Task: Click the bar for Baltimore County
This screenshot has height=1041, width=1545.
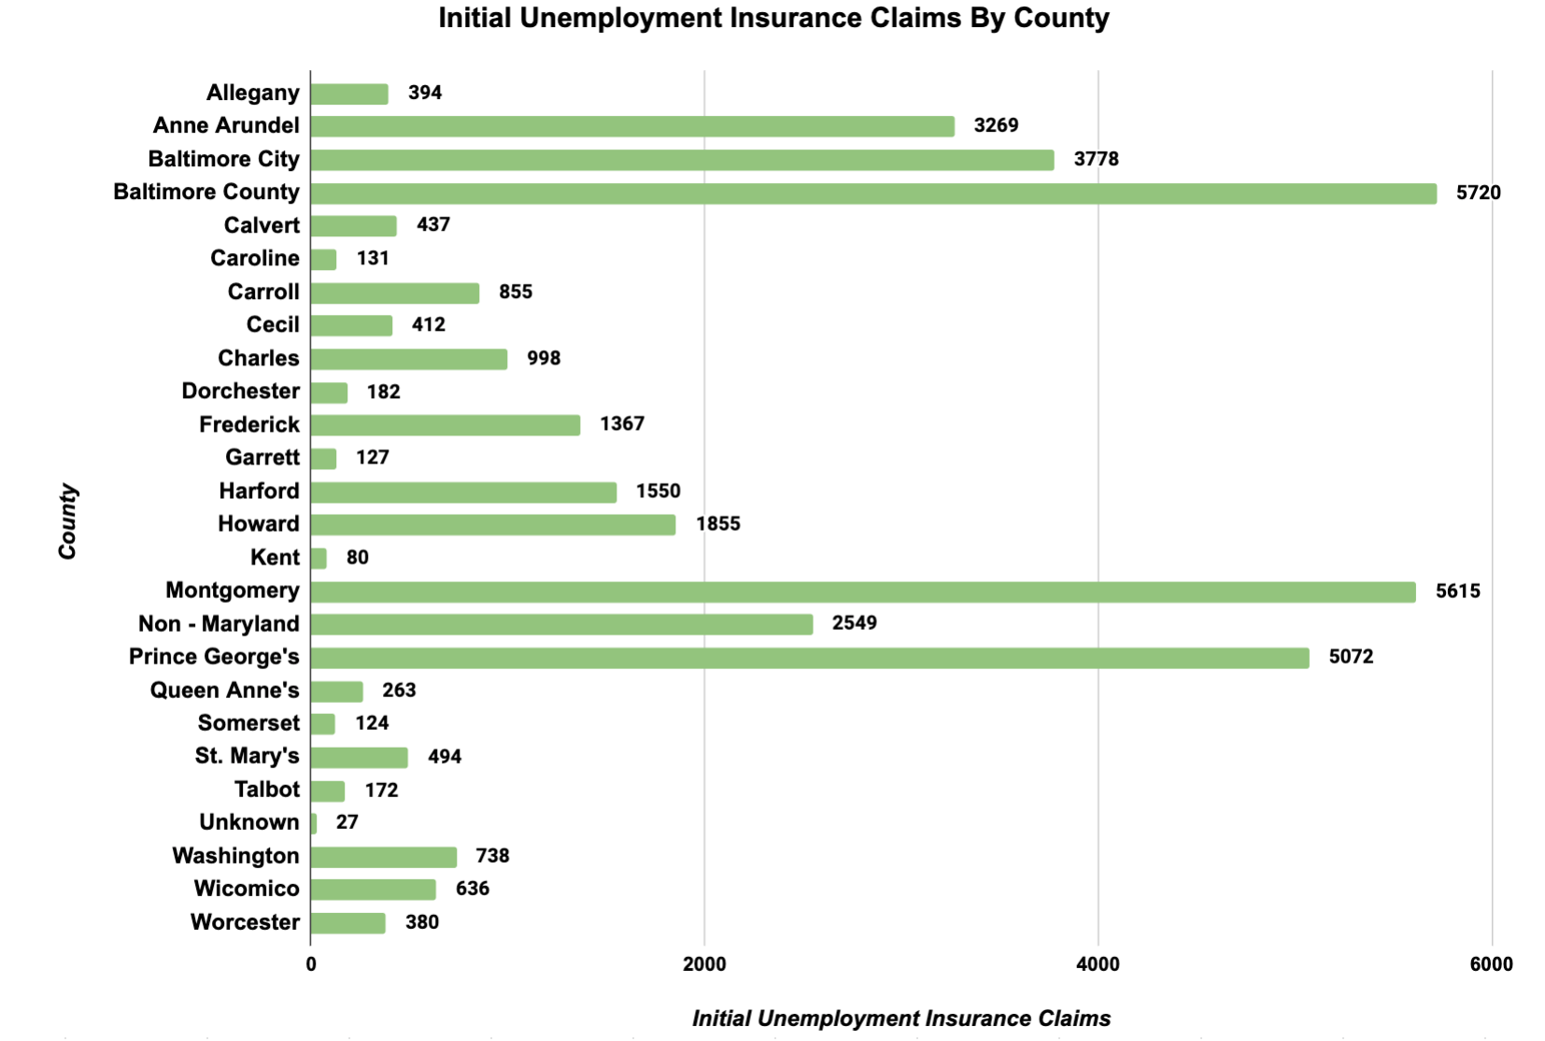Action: [873, 193]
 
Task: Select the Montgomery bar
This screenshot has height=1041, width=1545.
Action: [863, 592]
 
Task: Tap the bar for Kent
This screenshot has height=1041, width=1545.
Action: [319, 559]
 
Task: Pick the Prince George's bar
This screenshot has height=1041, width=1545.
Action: [810, 658]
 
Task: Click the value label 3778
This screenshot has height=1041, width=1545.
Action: [1096, 159]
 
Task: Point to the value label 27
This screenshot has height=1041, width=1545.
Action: [347, 822]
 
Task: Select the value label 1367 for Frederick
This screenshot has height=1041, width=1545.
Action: [622, 424]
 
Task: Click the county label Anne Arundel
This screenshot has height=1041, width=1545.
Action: [226, 126]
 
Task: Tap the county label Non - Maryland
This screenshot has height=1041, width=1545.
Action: [219, 624]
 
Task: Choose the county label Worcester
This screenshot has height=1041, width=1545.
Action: [245, 922]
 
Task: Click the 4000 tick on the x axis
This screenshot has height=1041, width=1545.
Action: [1098, 965]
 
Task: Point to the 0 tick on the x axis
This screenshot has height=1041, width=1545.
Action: [311, 965]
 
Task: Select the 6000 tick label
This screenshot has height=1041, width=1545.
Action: [1491, 965]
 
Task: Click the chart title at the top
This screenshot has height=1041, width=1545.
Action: [773, 19]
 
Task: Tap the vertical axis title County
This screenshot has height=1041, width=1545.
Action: [67, 521]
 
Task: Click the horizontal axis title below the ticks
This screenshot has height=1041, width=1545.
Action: [901, 1019]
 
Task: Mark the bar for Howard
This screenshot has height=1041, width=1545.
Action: [493, 525]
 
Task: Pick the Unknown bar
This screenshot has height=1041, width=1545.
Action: [314, 824]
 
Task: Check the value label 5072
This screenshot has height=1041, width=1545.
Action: [1351, 657]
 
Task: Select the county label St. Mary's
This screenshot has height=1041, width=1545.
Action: [247, 756]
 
